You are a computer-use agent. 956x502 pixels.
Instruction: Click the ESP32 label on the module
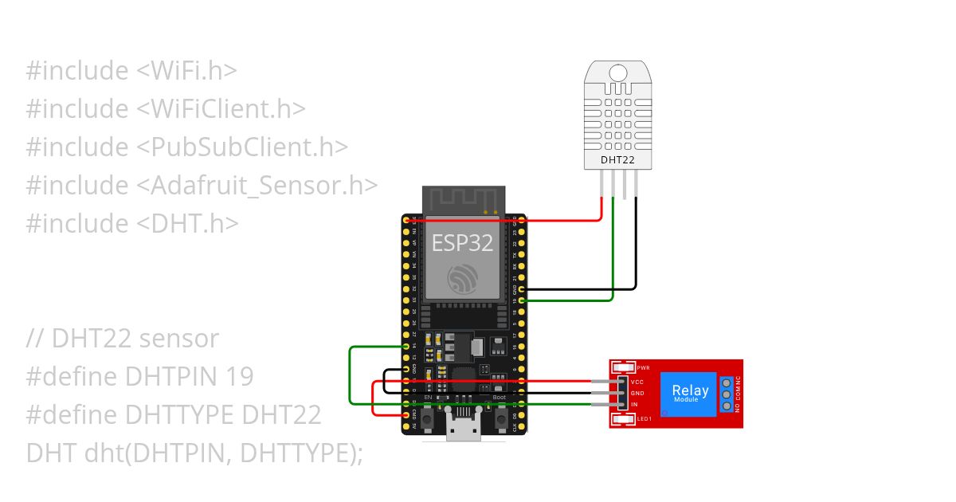(462, 243)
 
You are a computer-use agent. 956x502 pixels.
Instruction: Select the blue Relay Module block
(690, 393)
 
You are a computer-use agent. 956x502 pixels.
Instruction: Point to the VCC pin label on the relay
(637, 382)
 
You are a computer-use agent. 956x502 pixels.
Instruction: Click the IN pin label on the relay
(634, 405)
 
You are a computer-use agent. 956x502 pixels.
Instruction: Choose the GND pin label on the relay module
(637, 394)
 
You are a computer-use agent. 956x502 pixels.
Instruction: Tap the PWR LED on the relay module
(623, 368)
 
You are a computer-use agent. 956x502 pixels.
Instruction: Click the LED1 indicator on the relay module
(623, 418)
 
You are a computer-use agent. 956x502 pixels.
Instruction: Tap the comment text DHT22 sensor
(135, 339)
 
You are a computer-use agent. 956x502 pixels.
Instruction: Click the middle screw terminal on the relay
(727, 394)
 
